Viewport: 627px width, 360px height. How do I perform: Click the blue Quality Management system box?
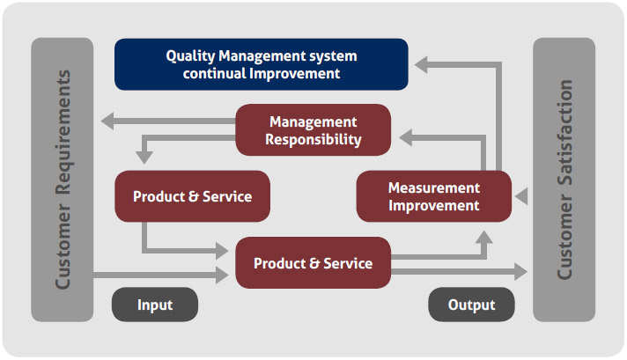[262, 64]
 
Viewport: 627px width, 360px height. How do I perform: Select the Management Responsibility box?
[313, 130]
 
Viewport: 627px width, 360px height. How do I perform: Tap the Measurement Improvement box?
[433, 196]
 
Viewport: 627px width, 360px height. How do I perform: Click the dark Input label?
[155, 305]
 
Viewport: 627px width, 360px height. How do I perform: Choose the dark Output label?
[472, 305]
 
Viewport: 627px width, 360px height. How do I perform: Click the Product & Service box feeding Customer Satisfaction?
[313, 263]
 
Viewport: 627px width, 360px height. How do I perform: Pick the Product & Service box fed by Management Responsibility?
[192, 196]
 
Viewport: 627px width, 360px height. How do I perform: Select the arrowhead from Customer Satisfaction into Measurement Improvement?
[521, 196]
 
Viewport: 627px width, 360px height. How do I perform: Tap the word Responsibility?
[313, 139]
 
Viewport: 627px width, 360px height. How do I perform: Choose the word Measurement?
[433, 187]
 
